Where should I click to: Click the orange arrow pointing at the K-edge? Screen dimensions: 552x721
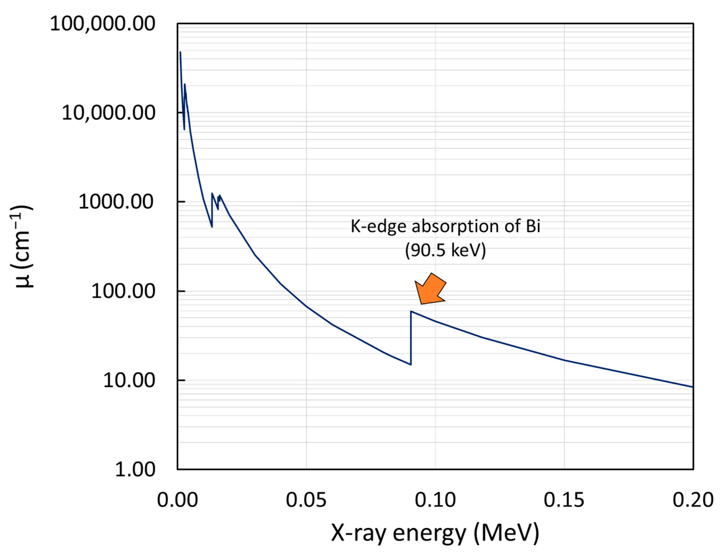pos(430,289)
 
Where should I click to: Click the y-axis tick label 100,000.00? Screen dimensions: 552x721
pos(102,24)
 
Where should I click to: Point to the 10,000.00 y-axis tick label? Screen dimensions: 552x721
pos(108,113)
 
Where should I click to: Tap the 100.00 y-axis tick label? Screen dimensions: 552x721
pos(123,291)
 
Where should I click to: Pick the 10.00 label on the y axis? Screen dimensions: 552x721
pos(129,380)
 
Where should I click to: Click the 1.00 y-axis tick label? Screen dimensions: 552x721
pos(135,469)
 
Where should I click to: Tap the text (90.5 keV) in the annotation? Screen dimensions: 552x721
pos(445,250)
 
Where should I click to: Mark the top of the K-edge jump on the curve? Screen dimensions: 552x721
pos(411,311)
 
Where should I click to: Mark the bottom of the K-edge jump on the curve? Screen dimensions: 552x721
pos(411,364)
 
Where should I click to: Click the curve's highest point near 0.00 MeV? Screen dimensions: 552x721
pos(180,52)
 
